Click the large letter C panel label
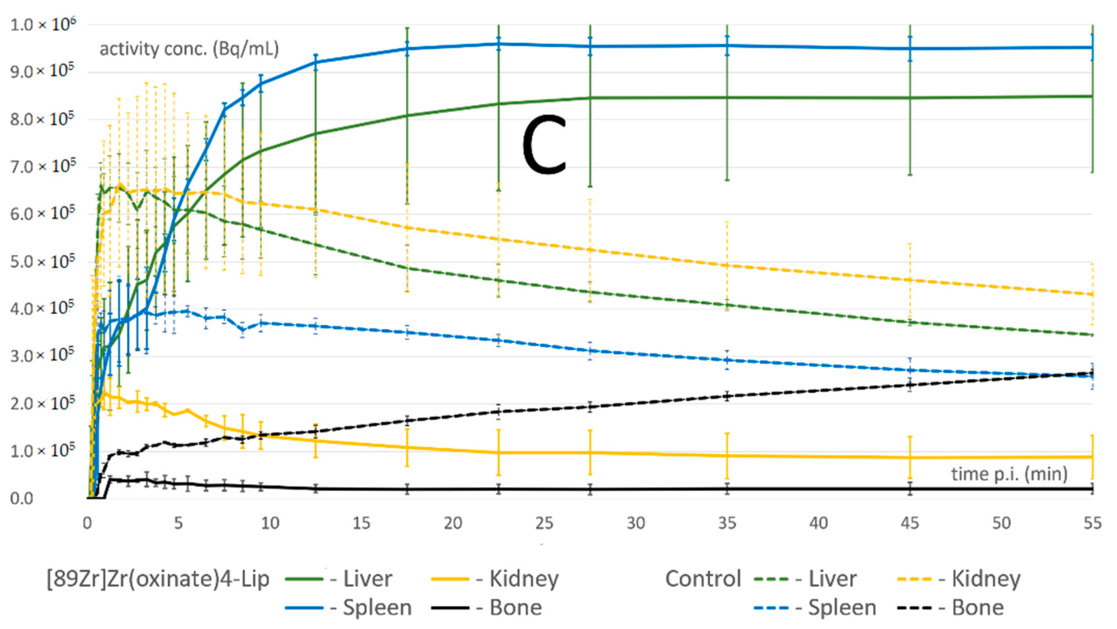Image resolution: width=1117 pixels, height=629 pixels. pos(544,144)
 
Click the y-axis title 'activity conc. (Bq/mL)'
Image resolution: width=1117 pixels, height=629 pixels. pos(189,49)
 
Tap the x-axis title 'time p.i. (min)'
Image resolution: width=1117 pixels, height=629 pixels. pos(1009,474)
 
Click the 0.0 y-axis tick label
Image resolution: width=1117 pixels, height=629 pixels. pos(21,498)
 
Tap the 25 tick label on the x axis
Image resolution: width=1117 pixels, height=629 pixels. pos(544,523)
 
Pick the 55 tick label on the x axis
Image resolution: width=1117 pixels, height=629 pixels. pos(1092,523)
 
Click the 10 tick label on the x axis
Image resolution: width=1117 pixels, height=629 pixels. pos(270,523)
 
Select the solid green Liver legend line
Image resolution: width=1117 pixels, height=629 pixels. pos(304,579)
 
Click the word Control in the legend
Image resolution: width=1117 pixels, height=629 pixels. pos(702,579)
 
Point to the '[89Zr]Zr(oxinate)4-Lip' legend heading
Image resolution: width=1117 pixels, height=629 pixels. pos(158,579)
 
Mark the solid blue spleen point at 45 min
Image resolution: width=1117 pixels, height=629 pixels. pos(910,48)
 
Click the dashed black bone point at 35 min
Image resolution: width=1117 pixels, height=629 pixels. pos(727,396)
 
